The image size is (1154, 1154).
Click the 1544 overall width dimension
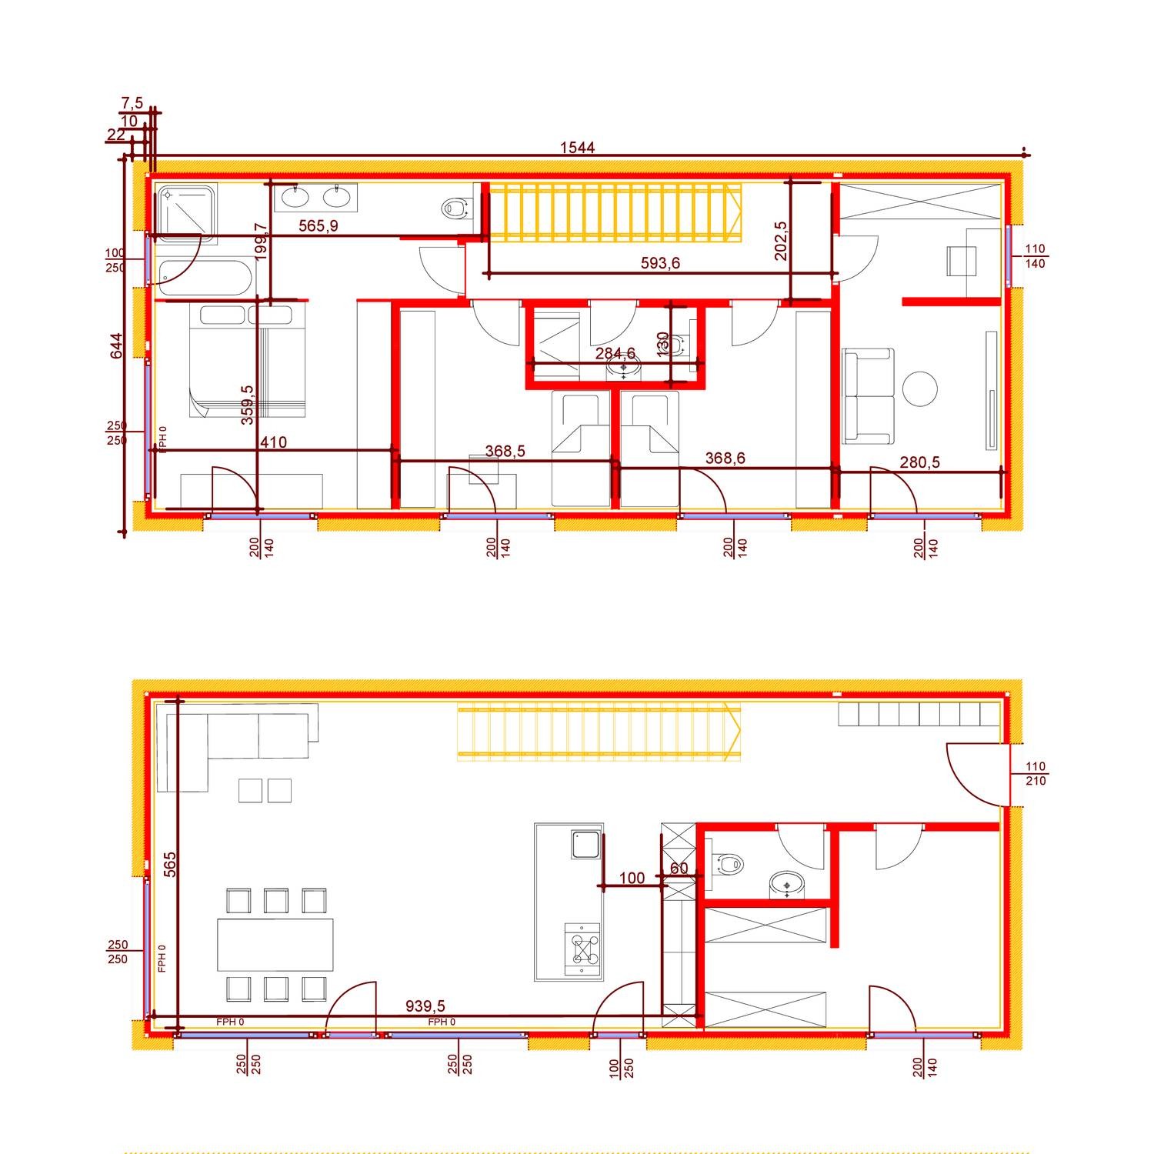coord(577,148)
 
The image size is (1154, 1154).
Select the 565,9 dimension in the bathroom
coord(319,225)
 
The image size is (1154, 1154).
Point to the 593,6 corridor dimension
coord(660,263)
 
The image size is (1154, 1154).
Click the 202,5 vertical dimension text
coord(782,241)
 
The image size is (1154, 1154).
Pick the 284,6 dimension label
coord(615,353)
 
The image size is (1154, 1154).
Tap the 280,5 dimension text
coord(919,462)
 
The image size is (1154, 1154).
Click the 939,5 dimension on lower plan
coord(425,1006)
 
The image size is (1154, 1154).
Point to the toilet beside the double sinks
coord(455,207)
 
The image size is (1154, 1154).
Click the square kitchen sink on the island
coord(585,845)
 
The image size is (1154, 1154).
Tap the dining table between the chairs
coord(276,945)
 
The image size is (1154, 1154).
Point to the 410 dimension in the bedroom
coord(274,442)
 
